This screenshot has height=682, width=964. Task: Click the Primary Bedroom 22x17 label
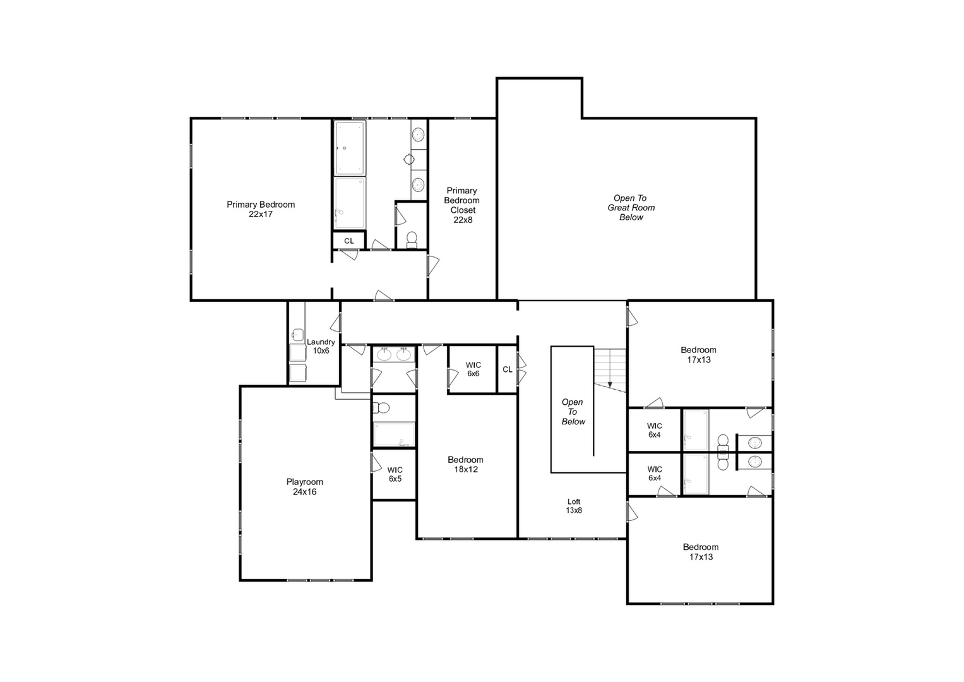point(261,209)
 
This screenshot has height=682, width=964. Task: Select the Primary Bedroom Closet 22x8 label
point(462,205)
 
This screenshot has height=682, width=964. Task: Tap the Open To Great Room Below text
point(631,207)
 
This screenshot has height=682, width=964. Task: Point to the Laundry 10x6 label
point(321,346)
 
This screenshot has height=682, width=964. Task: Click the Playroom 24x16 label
point(304,487)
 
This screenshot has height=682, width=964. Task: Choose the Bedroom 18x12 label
point(465,464)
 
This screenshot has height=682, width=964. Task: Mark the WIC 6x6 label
point(473,369)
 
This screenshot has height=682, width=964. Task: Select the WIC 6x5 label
point(395,474)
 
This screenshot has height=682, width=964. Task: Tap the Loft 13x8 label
point(574,506)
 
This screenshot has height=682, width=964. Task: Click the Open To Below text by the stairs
point(573,412)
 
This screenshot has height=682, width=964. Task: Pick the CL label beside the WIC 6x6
point(508,369)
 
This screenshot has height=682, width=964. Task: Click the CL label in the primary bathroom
point(349,241)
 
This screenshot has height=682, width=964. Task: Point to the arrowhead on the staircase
point(610,384)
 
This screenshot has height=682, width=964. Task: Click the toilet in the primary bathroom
point(412,239)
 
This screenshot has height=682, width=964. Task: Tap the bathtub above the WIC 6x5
point(394,434)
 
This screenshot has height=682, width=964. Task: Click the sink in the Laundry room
point(298,335)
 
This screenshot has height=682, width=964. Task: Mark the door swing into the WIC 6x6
point(452,378)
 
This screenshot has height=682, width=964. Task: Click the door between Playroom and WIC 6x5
point(376,462)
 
